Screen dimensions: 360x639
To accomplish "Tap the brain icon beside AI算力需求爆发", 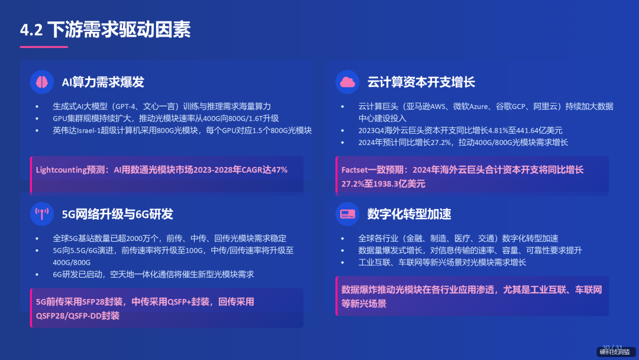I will pos(42,82).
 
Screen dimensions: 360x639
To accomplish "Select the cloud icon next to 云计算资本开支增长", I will pos(347,82).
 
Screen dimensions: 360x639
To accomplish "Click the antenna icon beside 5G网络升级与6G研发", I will pos(42,214).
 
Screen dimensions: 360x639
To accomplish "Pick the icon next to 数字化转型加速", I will pos(347,214).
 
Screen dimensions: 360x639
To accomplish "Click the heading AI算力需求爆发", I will pos(103,82).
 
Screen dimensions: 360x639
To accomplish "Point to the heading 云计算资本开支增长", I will pos(421,82).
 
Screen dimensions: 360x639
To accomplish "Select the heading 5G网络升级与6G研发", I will pos(117,214).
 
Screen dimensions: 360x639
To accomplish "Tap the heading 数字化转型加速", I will pos(409,214).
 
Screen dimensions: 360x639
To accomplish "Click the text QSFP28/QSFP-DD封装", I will pos(78,316).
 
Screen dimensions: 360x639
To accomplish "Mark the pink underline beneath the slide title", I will pos(44,47).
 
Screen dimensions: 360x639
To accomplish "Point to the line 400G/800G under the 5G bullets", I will pos(72,262).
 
